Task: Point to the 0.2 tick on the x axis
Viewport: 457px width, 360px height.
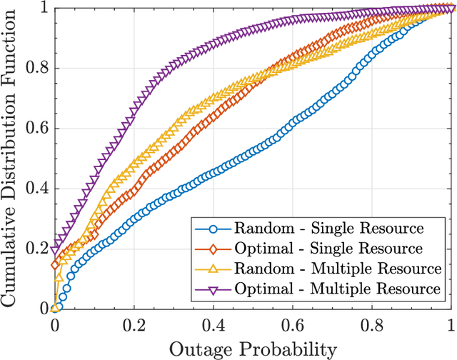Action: [134, 326]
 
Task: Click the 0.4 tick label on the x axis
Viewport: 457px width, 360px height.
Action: [214, 326]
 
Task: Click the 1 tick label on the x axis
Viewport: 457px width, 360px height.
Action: [451, 326]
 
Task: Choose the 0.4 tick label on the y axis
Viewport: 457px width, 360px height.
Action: [37, 189]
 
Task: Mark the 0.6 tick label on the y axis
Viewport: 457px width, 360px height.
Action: [37, 129]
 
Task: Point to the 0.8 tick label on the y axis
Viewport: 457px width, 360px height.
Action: [37, 69]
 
